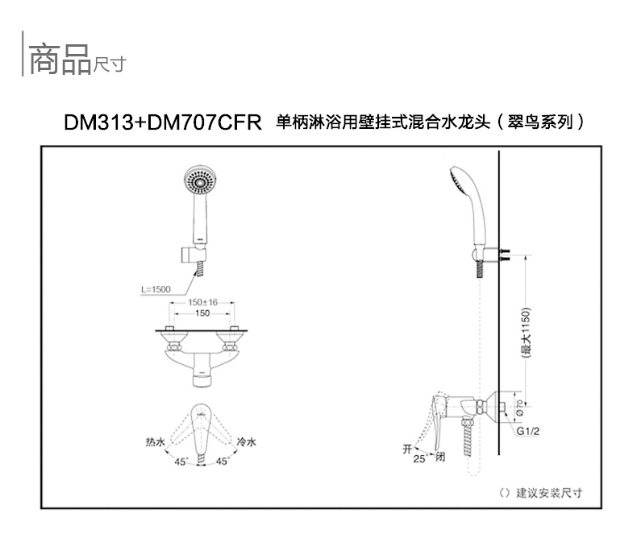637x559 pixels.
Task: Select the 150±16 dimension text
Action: click(x=202, y=301)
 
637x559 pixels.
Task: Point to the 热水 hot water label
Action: click(x=156, y=442)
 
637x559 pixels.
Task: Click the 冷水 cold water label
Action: click(x=246, y=442)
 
